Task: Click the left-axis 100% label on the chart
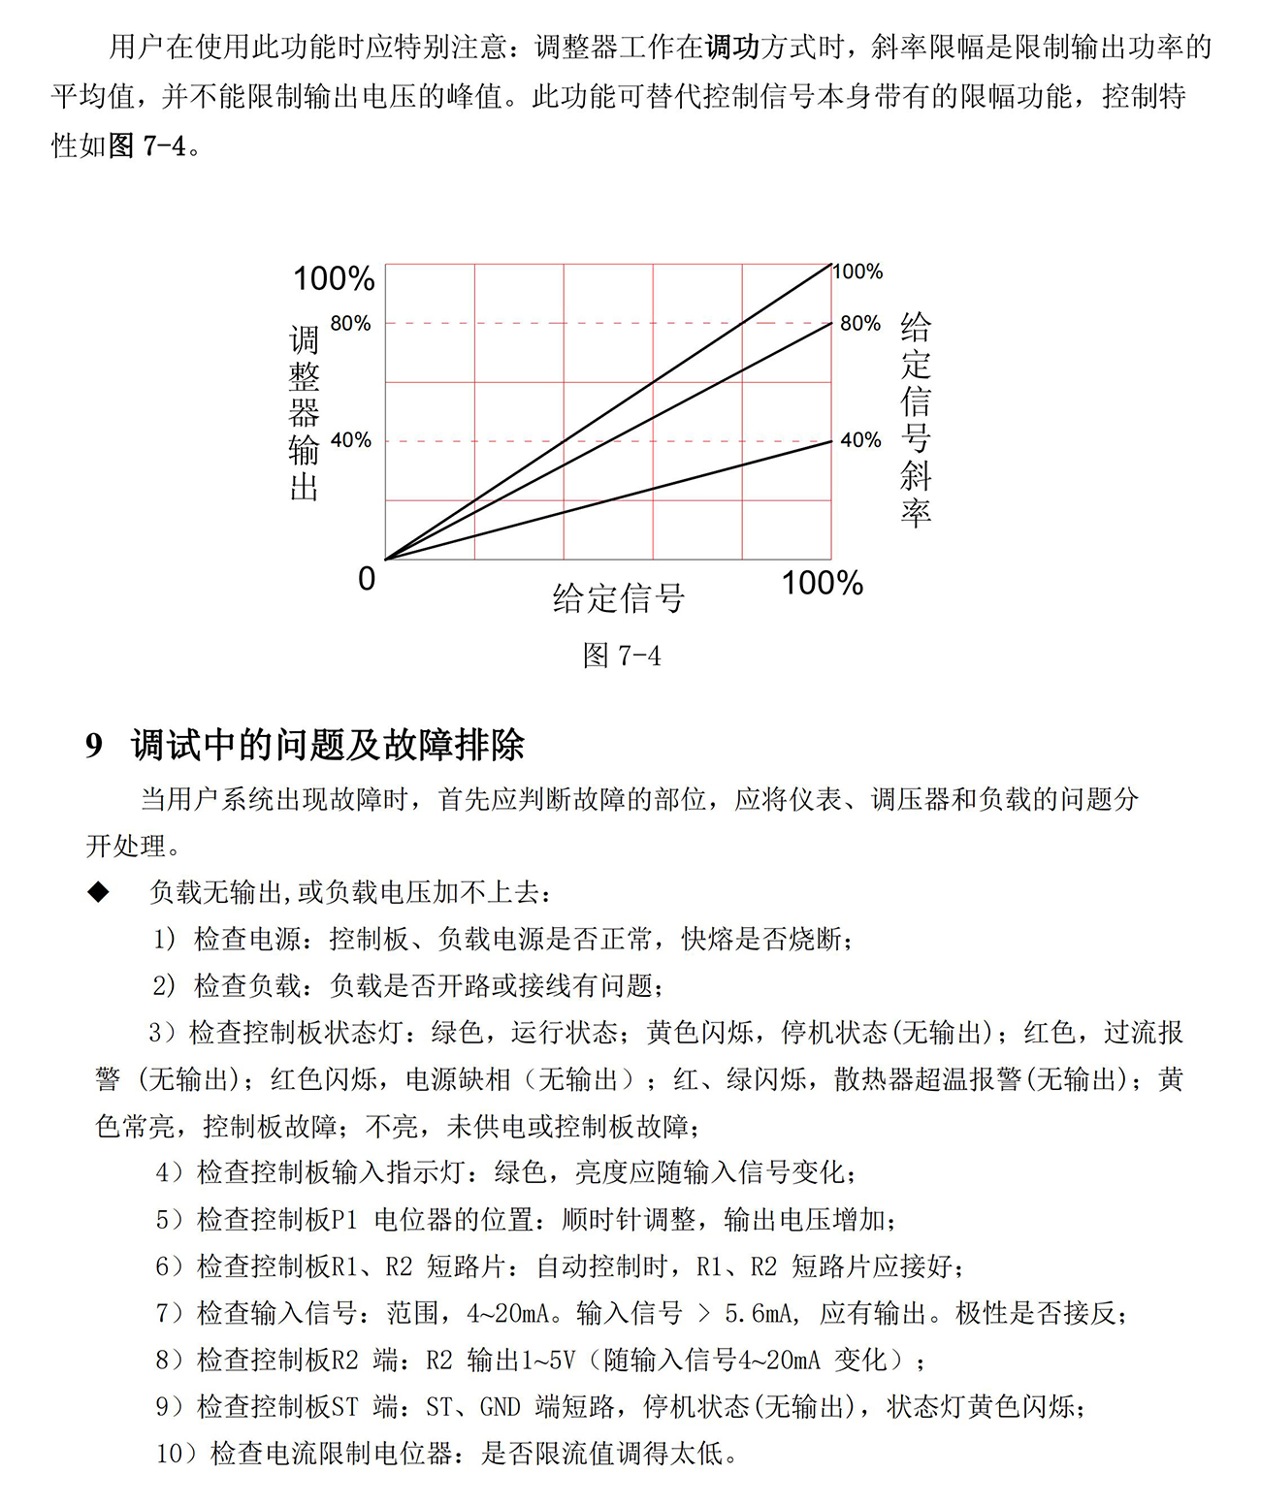[x=334, y=279]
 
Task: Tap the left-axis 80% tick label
[x=350, y=324]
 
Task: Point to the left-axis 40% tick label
[x=350, y=441]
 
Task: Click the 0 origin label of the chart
[x=367, y=579]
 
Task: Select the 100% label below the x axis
[x=822, y=584]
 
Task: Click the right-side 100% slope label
[x=858, y=272]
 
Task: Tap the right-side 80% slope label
[x=860, y=324]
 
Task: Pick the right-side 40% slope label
[x=860, y=441]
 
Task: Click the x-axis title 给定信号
[x=619, y=598]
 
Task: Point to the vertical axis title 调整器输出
[x=305, y=413]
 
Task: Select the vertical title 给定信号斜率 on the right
[x=916, y=419]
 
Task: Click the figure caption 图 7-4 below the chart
[x=622, y=656]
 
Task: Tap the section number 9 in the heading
[x=94, y=746]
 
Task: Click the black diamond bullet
[x=99, y=892]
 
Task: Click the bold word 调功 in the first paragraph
[x=733, y=47]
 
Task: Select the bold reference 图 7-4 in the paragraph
[x=146, y=146]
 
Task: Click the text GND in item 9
[x=501, y=1407]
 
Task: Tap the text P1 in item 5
[x=344, y=1220]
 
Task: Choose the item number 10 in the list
[x=170, y=1454]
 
